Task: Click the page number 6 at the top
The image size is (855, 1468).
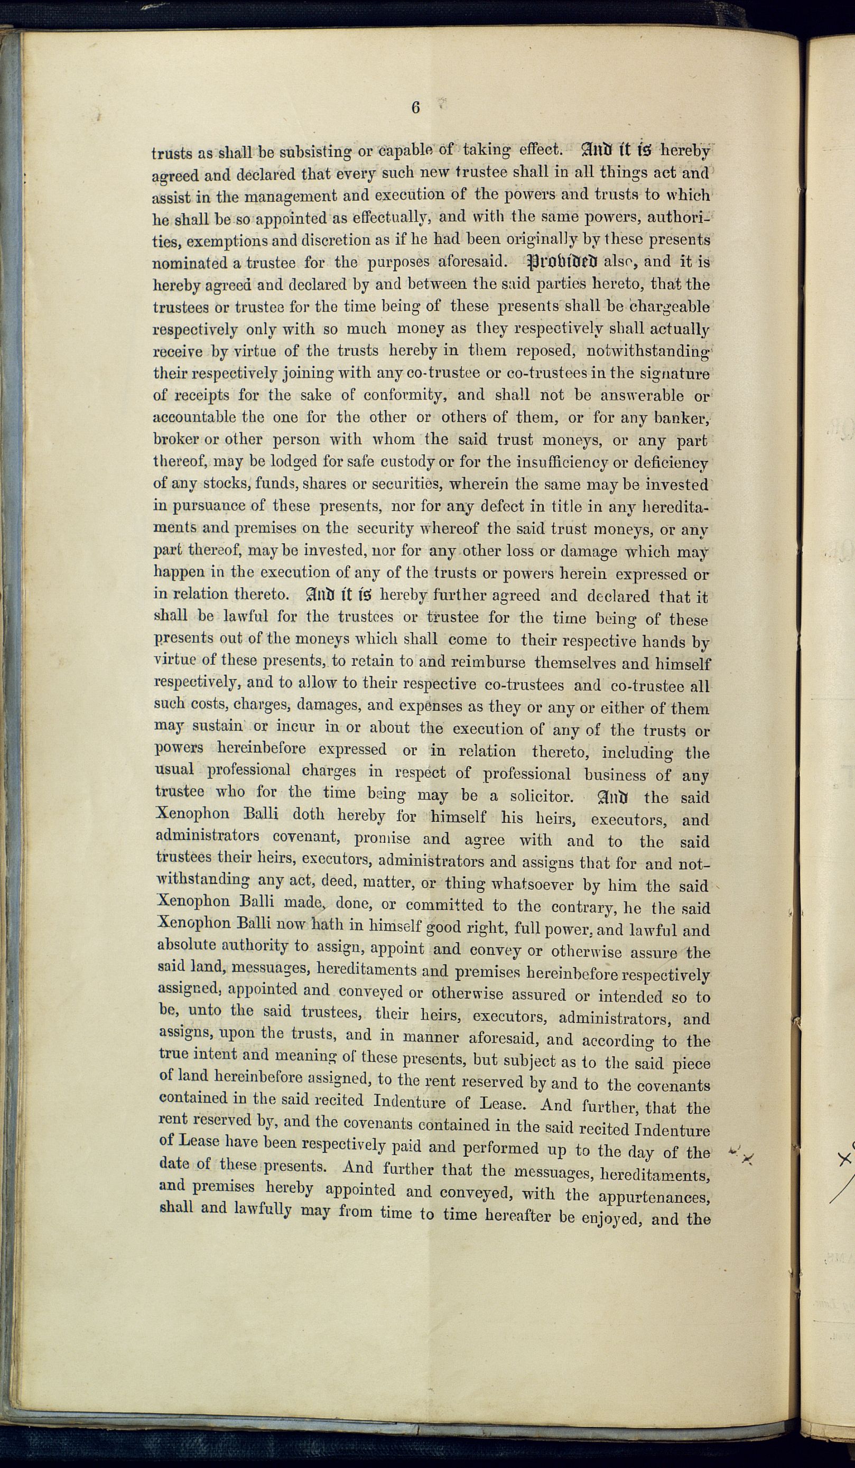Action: coord(415,108)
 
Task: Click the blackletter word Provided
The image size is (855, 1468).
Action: coord(562,262)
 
